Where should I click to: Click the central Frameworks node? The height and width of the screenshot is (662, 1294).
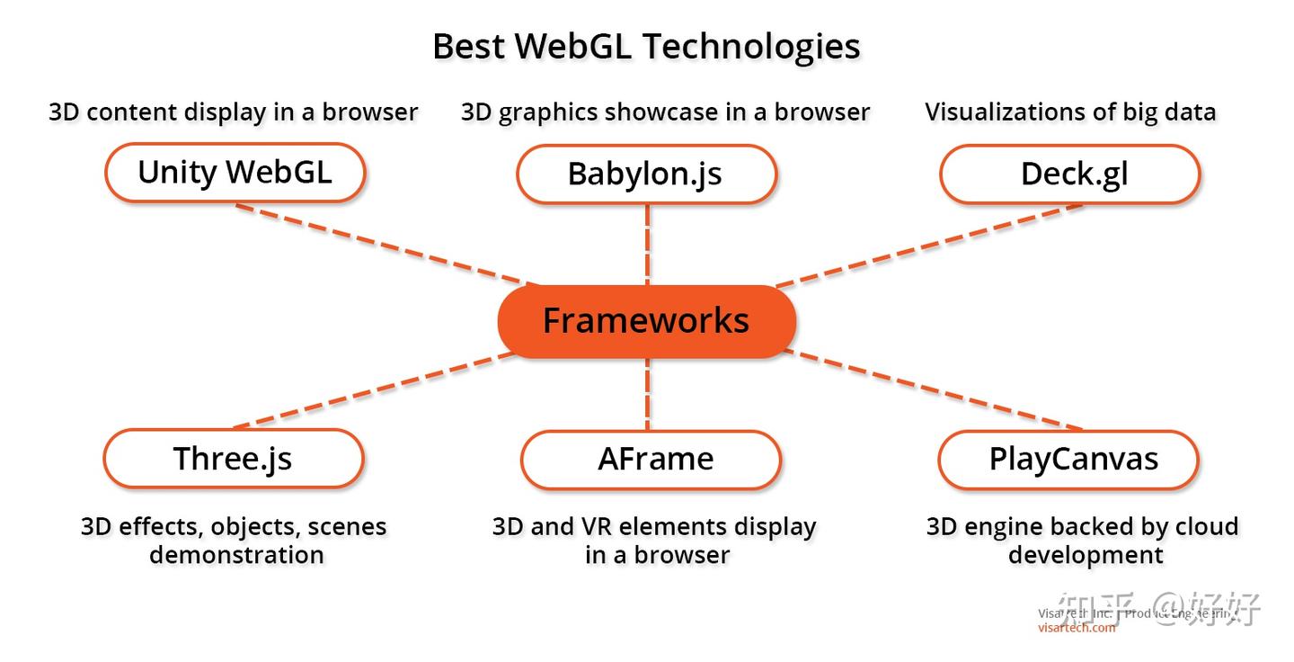[646, 321]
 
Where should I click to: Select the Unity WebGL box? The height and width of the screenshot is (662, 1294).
[235, 172]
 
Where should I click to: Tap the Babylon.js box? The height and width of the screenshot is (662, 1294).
[645, 174]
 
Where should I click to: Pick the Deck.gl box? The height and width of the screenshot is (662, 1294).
[1069, 174]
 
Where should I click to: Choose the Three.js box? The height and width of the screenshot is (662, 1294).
[233, 458]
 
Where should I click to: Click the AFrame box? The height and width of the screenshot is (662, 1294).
[650, 459]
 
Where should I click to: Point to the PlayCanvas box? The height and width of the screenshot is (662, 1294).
[1068, 459]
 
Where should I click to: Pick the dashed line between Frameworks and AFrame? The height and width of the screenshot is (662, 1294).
[647, 394]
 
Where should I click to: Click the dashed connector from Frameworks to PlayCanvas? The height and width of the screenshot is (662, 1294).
[935, 389]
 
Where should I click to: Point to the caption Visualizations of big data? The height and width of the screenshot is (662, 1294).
[1069, 112]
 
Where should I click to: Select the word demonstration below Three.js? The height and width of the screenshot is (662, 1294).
[236, 555]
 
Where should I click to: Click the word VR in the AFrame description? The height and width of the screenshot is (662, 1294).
[597, 526]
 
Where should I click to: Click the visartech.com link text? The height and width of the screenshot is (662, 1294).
[1076, 628]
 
